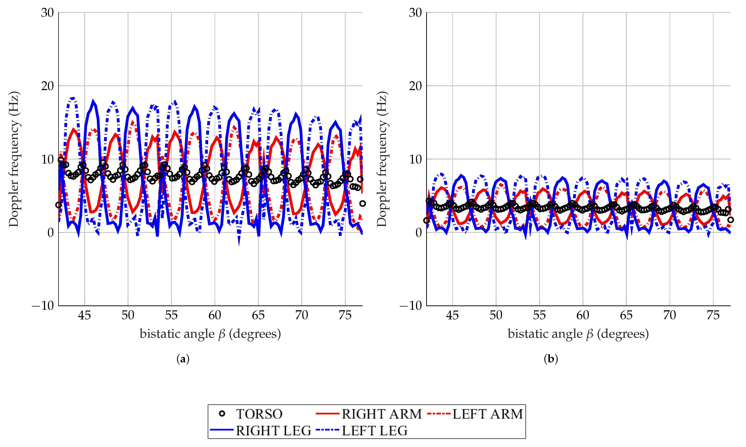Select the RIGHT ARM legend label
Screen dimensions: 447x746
pyautogui.click(x=381, y=414)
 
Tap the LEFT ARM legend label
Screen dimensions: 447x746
pyautogui.click(x=488, y=414)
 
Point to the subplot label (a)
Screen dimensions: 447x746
pyautogui.click(x=183, y=359)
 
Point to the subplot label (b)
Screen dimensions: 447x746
pyautogui.click(x=551, y=359)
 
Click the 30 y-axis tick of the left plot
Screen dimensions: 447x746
pyautogui.click(x=47, y=13)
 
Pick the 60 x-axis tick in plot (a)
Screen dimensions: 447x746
pyautogui.click(x=215, y=315)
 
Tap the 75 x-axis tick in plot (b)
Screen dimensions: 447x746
pyautogui.click(x=713, y=315)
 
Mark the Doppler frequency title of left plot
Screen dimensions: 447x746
pyautogui.click(x=14, y=159)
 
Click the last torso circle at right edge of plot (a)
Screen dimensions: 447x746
pyautogui.click(x=363, y=204)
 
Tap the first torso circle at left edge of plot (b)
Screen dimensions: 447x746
pyautogui.click(x=426, y=221)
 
